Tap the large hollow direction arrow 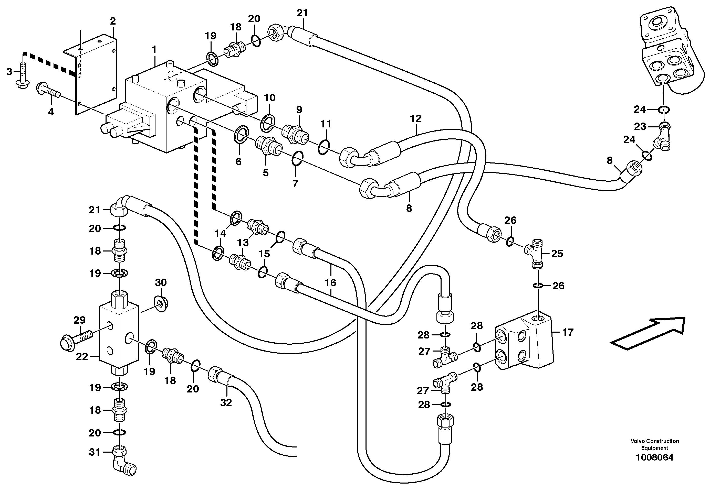647,334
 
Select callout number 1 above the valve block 154,50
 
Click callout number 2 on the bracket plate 113,21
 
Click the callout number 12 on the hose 415,118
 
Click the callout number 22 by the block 82,357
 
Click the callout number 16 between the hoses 330,283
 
